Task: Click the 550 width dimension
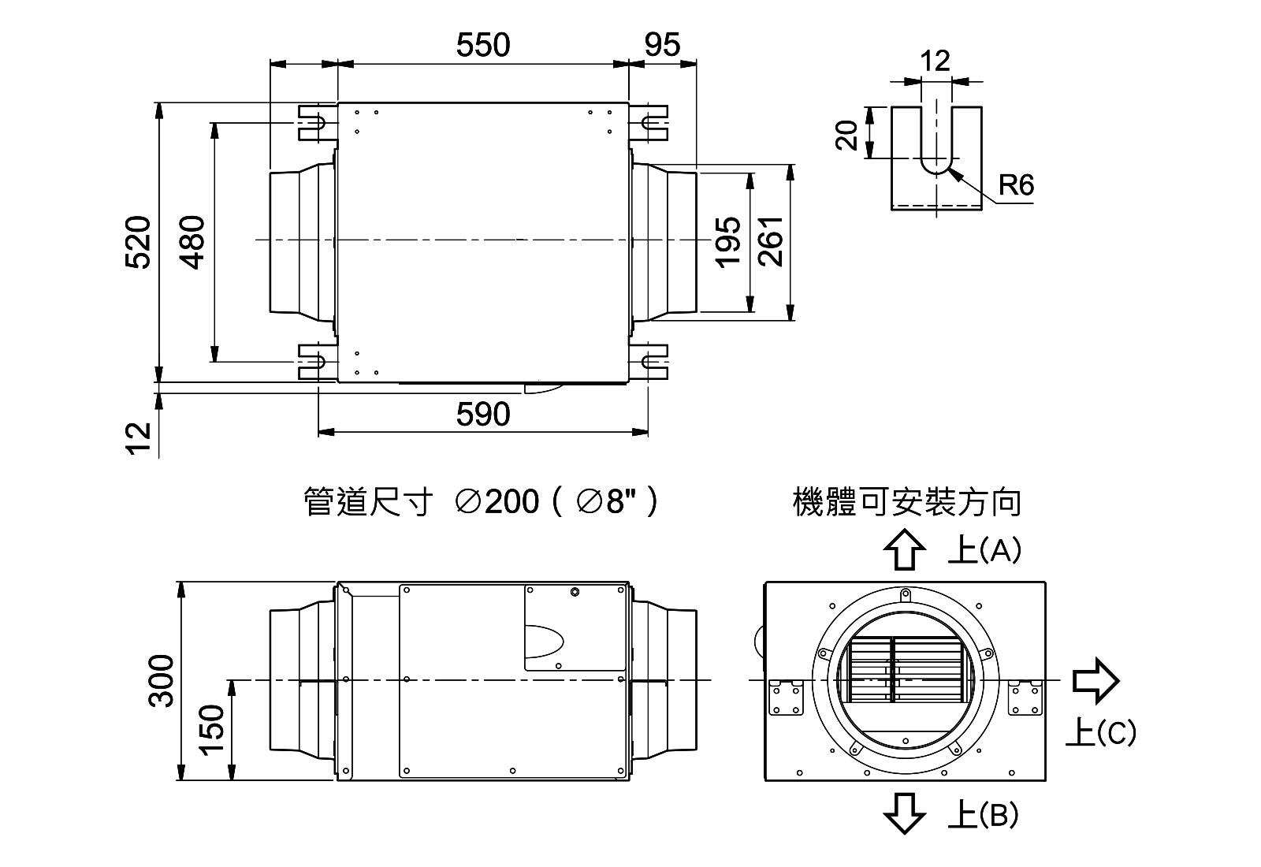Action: tap(482, 46)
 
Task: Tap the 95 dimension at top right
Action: tap(661, 46)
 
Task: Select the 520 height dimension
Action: tap(139, 242)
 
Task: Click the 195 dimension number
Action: tap(728, 242)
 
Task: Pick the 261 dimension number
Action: tap(772, 242)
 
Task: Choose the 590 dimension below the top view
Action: tap(482, 415)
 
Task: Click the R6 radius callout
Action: tap(1015, 186)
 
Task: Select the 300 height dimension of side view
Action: tap(162, 681)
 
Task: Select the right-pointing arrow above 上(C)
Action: tap(1095, 679)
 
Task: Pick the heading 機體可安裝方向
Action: tap(906, 502)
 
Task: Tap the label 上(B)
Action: tap(983, 815)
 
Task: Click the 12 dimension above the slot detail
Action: tap(936, 61)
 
